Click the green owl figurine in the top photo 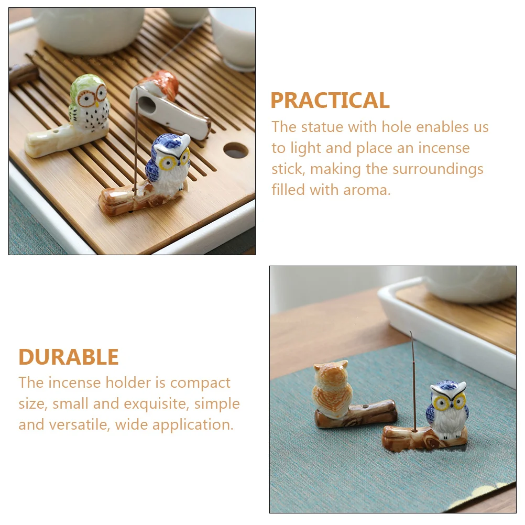(89, 102)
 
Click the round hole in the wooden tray (236, 150)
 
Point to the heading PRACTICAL (330, 101)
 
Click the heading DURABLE (69, 357)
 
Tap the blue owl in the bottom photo (447, 409)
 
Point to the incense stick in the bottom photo (414, 377)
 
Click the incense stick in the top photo (137, 141)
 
